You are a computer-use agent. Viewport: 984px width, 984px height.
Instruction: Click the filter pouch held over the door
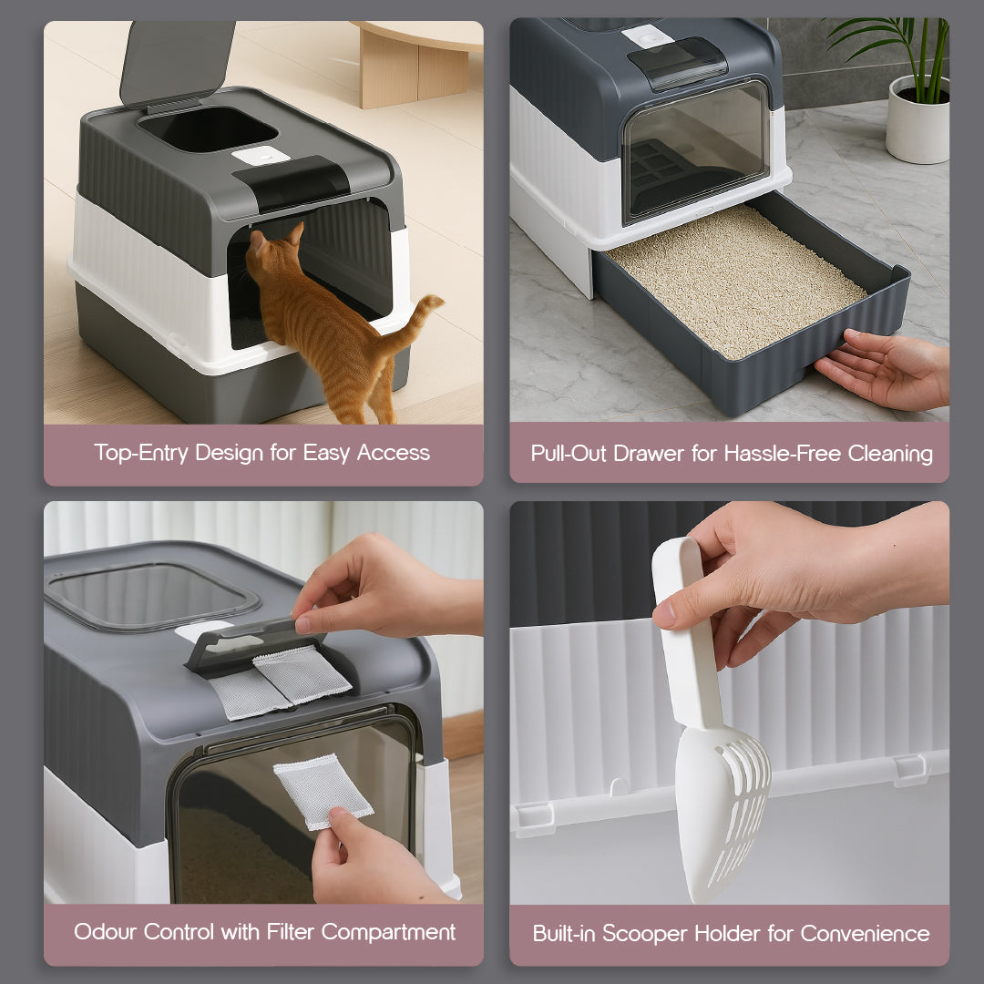point(323,792)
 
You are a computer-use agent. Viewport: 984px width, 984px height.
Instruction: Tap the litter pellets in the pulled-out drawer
point(737,281)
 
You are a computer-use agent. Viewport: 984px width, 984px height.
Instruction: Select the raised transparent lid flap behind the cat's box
point(177,63)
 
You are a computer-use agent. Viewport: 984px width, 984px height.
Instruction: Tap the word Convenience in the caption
point(866,934)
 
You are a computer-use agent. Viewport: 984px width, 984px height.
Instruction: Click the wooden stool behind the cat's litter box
point(416,62)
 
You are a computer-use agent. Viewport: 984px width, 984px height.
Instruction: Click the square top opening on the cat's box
point(208,129)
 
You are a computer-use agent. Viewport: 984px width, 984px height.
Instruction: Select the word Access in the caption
point(394,453)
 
